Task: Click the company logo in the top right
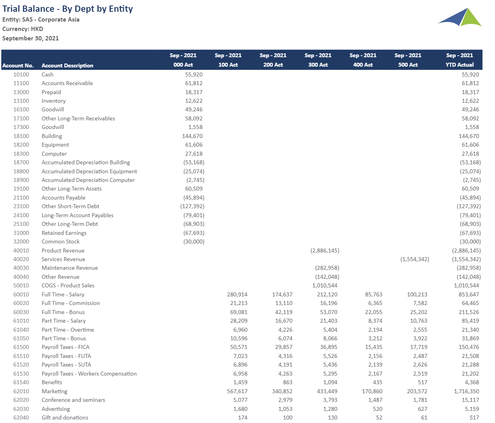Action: [460, 17]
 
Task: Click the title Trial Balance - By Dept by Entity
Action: [67, 9]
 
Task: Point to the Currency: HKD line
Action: [23, 29]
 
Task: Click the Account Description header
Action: [67, 65]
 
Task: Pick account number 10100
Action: [21, 74]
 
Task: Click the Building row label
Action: [52, 136]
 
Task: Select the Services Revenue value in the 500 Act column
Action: [415, 259]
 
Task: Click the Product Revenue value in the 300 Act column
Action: [325, 251]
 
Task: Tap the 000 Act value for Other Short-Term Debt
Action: [192, 207]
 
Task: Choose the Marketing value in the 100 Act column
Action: [237, 391]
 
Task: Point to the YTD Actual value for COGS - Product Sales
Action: [466, 286]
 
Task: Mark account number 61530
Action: [21, 374]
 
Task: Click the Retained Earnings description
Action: [64, 233]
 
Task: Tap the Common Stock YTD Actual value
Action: [470, 242]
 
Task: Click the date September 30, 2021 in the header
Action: [31, 38]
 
